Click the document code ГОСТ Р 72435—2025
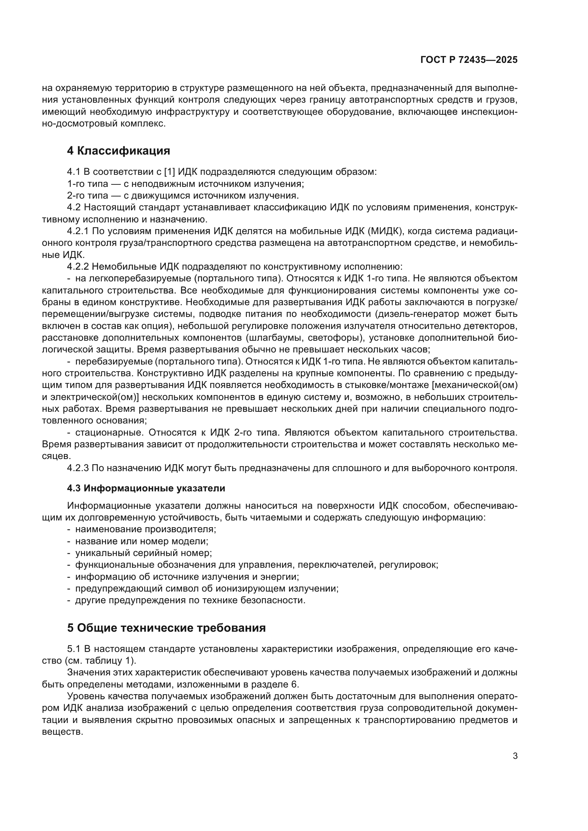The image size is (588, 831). click(469, 60)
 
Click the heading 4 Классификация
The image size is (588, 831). click(118, 151)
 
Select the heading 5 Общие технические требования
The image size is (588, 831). click(166, 628)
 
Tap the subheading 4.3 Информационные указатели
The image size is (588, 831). click(146, 488)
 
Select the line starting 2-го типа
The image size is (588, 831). click(183, 196)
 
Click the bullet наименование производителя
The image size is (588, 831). click(145, 529)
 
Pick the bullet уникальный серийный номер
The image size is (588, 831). click(143, 553)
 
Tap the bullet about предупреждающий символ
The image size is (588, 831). click(207, 588)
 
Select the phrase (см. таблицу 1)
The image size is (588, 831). click(100, 660)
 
